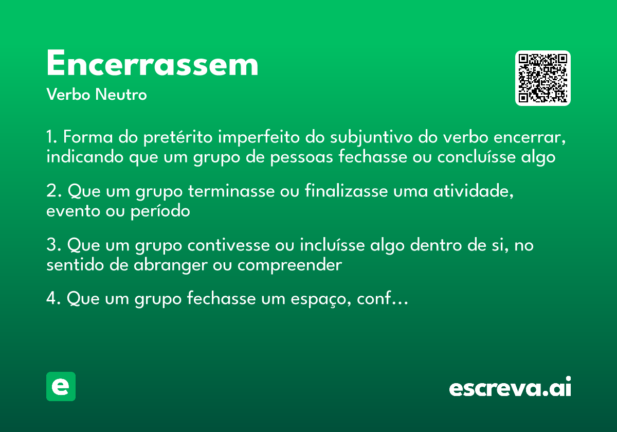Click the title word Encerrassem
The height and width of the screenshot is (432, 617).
point(152,65)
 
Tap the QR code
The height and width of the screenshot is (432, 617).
point(542,78)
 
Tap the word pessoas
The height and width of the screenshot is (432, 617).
point(299,157)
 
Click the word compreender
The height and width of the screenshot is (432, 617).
point(289,265)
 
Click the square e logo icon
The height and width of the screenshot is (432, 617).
point(61,387)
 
